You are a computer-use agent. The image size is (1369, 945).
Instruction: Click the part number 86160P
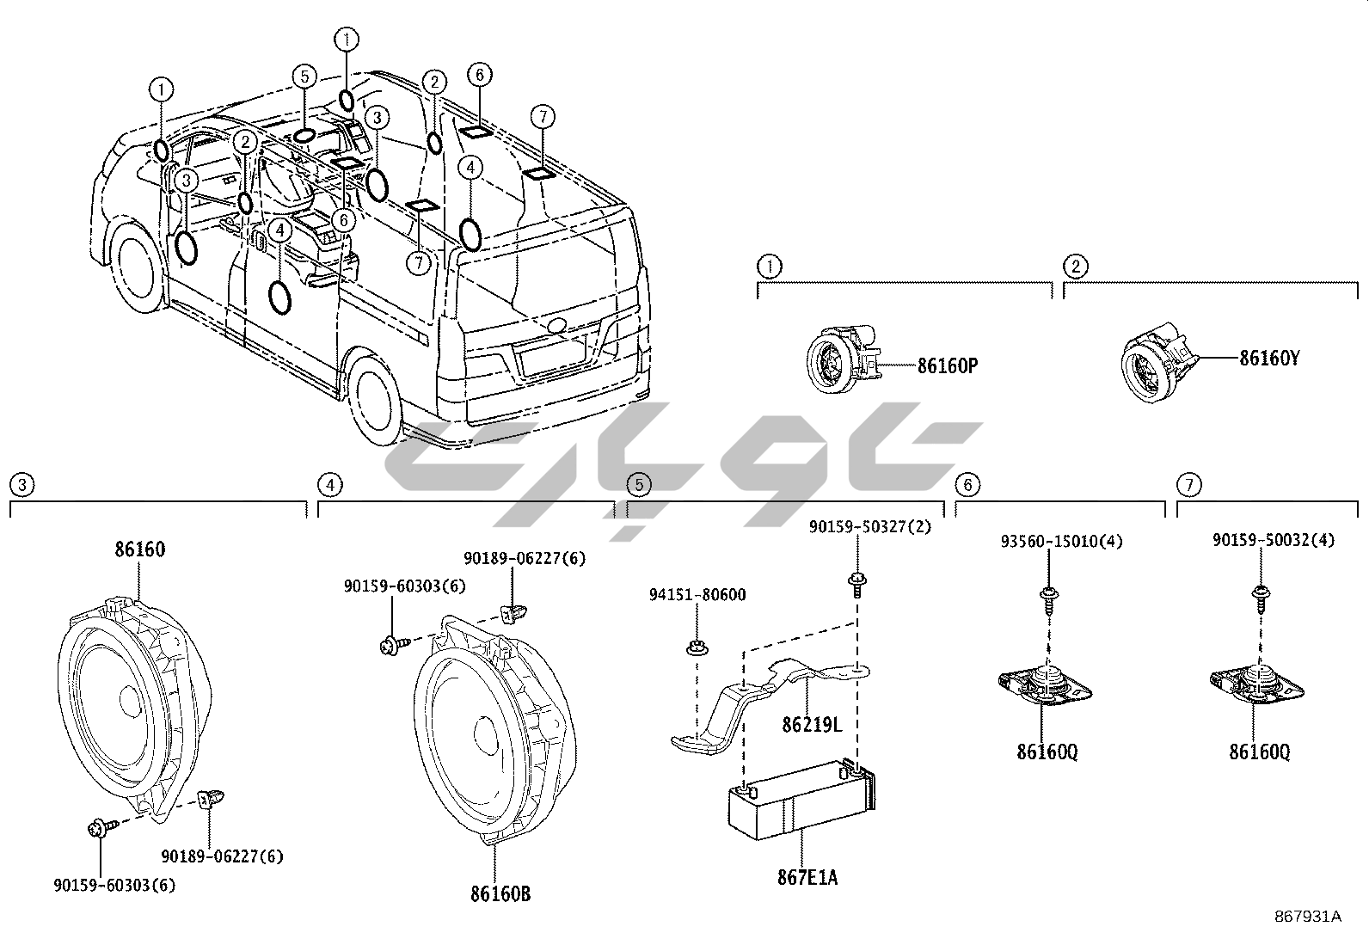click(x=948, y=365)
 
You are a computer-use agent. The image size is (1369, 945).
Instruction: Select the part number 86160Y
click(x=1268, y=358)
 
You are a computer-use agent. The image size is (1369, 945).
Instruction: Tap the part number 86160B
click(x=500, y=894)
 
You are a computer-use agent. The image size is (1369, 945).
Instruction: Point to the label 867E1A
click(x=807, y=877)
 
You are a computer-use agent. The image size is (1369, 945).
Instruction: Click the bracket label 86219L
click(x=812, y=725)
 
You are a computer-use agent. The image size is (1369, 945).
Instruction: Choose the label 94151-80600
click(x=697, y=594)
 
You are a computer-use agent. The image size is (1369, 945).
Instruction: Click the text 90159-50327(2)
click(x=869, y=526)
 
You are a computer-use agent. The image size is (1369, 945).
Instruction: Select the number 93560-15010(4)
click(x=1062, y=542)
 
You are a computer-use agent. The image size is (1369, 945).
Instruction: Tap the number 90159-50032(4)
click(x=1274, y=540)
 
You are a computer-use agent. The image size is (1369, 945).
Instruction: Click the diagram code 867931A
click(x=1307, y=917)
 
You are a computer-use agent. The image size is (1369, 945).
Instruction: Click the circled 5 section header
click(x=638, y=485)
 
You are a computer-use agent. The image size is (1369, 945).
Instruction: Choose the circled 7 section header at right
click(x=1188, y=485)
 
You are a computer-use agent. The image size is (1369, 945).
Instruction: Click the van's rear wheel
click(x=376, y=402)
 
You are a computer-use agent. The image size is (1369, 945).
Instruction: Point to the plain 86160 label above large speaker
click(x=139, y=549)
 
